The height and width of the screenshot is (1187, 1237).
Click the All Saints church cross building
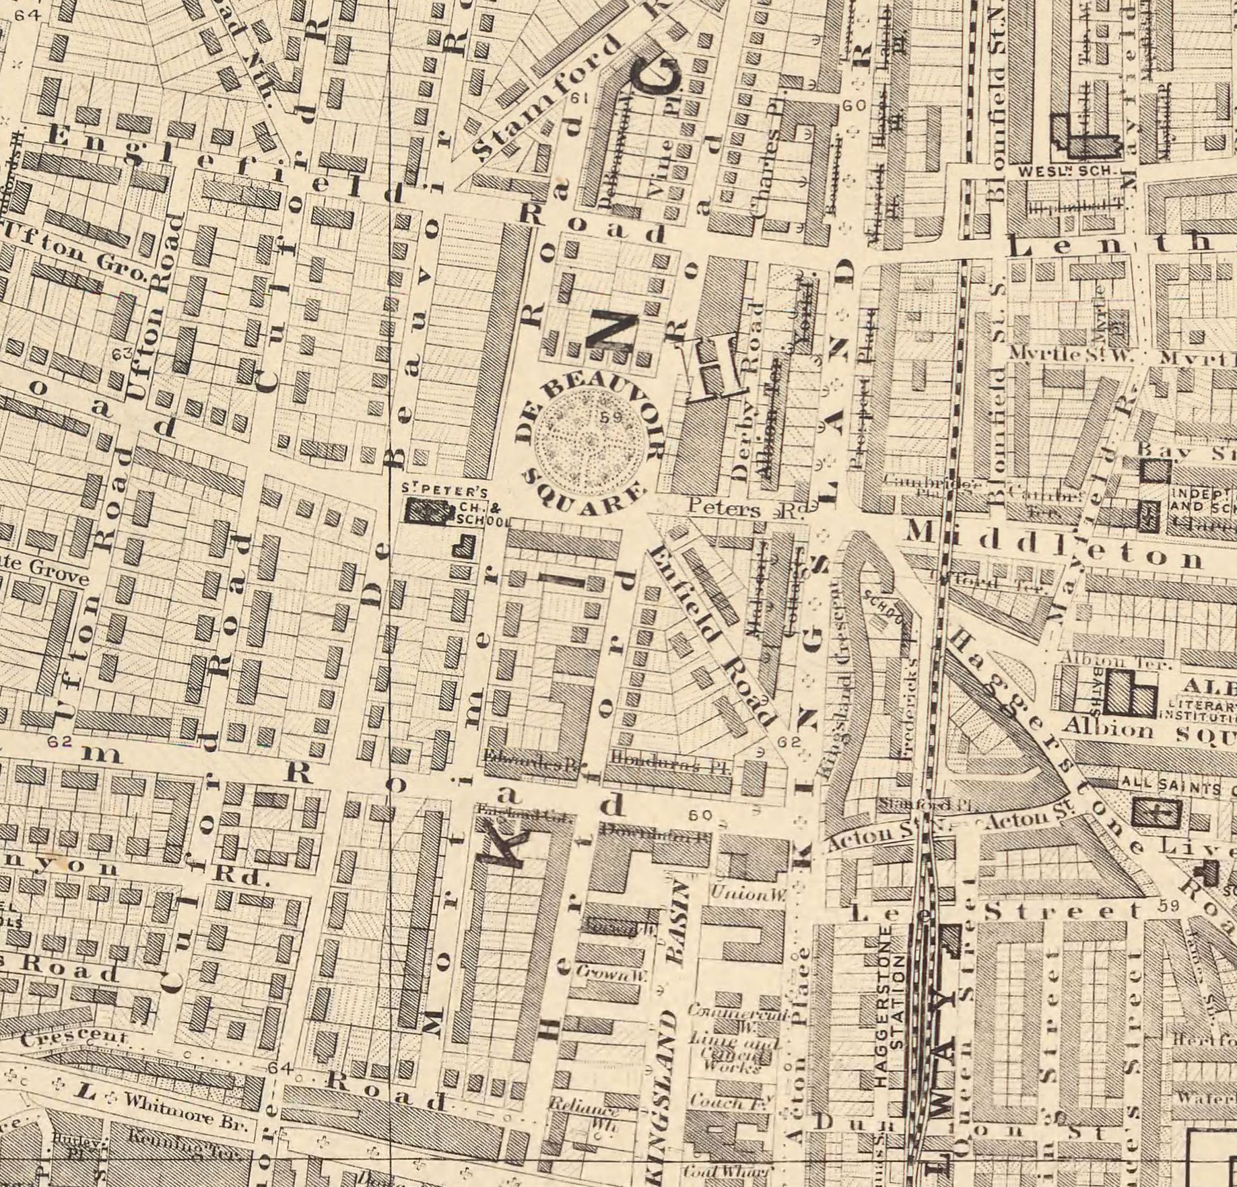click(1157, 812)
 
